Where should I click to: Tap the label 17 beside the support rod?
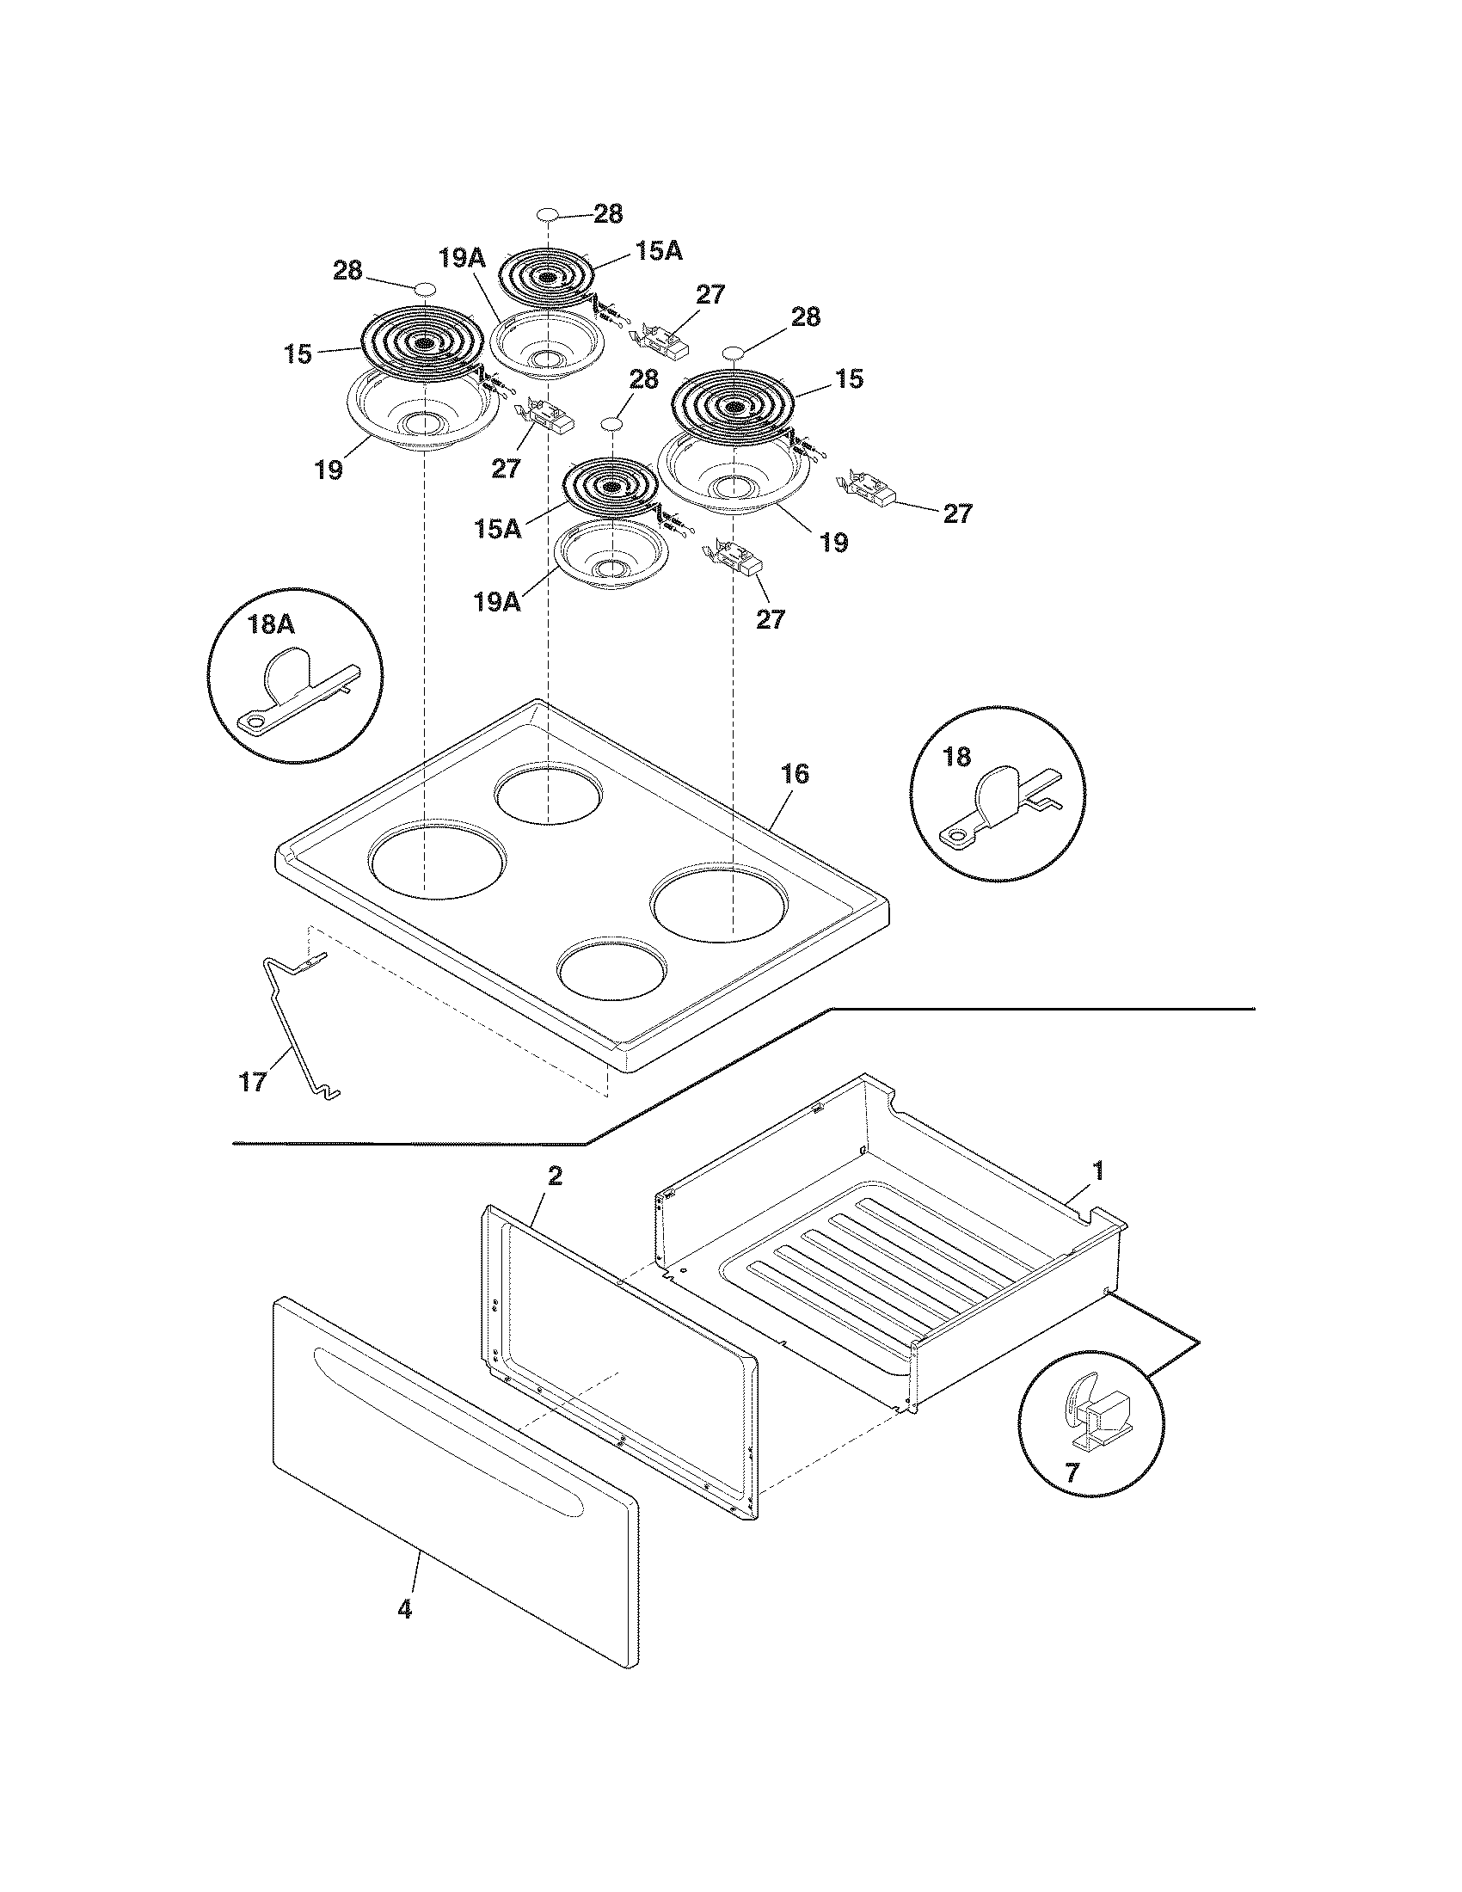[x=253, y=1081]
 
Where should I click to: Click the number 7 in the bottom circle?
[x=1072, y=1471]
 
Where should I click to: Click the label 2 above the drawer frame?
[x=555, y=1176]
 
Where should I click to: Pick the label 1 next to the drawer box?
[x=1097, y=1171]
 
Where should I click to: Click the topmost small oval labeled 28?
[x=547, y=214]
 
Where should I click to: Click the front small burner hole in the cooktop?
[x=613, y=967]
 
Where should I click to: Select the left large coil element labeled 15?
[x=421, y=343]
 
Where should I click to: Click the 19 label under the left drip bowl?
[x=329, y=470]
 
